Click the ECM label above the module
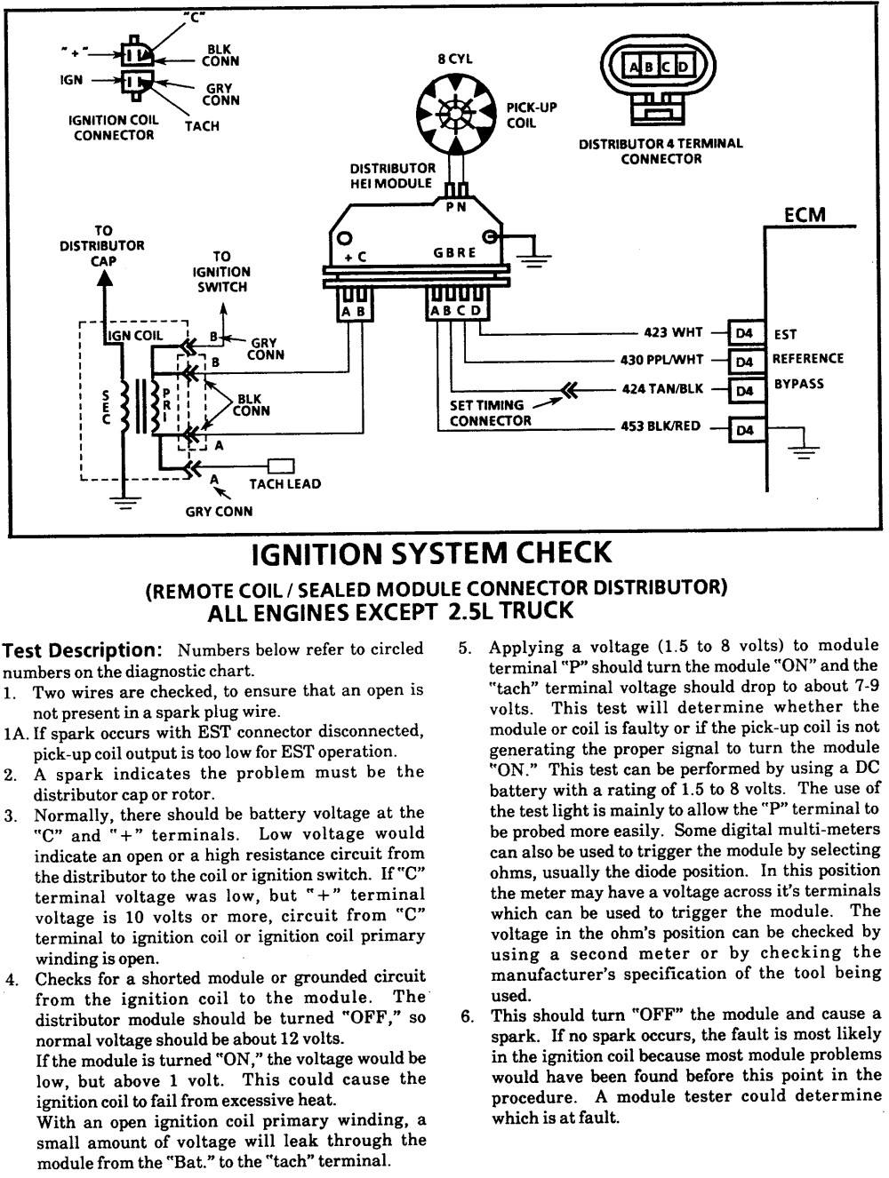805,215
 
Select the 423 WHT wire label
673,334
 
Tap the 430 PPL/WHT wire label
661,361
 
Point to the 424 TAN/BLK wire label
662,389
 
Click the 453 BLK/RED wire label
661,426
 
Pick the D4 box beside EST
745,334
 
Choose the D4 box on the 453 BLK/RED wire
745,431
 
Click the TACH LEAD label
284,484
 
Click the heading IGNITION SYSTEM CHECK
433,553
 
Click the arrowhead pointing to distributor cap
105,276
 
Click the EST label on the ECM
786,335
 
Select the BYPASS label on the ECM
797,384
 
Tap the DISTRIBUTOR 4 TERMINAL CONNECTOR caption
661,151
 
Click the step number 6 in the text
466,1015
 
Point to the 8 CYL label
454,60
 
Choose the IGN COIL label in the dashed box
135,336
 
